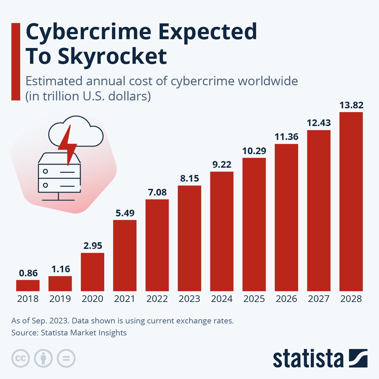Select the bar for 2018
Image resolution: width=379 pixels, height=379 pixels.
pos(28,285)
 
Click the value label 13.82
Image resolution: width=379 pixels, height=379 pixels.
pos(351,105)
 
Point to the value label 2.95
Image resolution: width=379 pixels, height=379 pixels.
pos(93,246)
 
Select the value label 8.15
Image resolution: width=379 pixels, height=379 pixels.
pos(189,178)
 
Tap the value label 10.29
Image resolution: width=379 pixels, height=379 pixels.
pos(254,151)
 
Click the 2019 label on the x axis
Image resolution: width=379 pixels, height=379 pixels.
pos(60,299)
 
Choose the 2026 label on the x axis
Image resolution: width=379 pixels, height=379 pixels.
pos(286,299)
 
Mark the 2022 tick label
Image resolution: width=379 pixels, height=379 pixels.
pos(157,299)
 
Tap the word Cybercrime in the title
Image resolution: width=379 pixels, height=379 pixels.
pos(88,32)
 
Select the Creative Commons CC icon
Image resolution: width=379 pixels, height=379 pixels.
pos(21,358)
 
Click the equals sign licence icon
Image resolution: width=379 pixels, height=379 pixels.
pos(66,358)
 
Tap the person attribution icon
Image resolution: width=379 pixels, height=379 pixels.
pos(43,358)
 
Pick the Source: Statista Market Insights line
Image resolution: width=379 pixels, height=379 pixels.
pos(69,333)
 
